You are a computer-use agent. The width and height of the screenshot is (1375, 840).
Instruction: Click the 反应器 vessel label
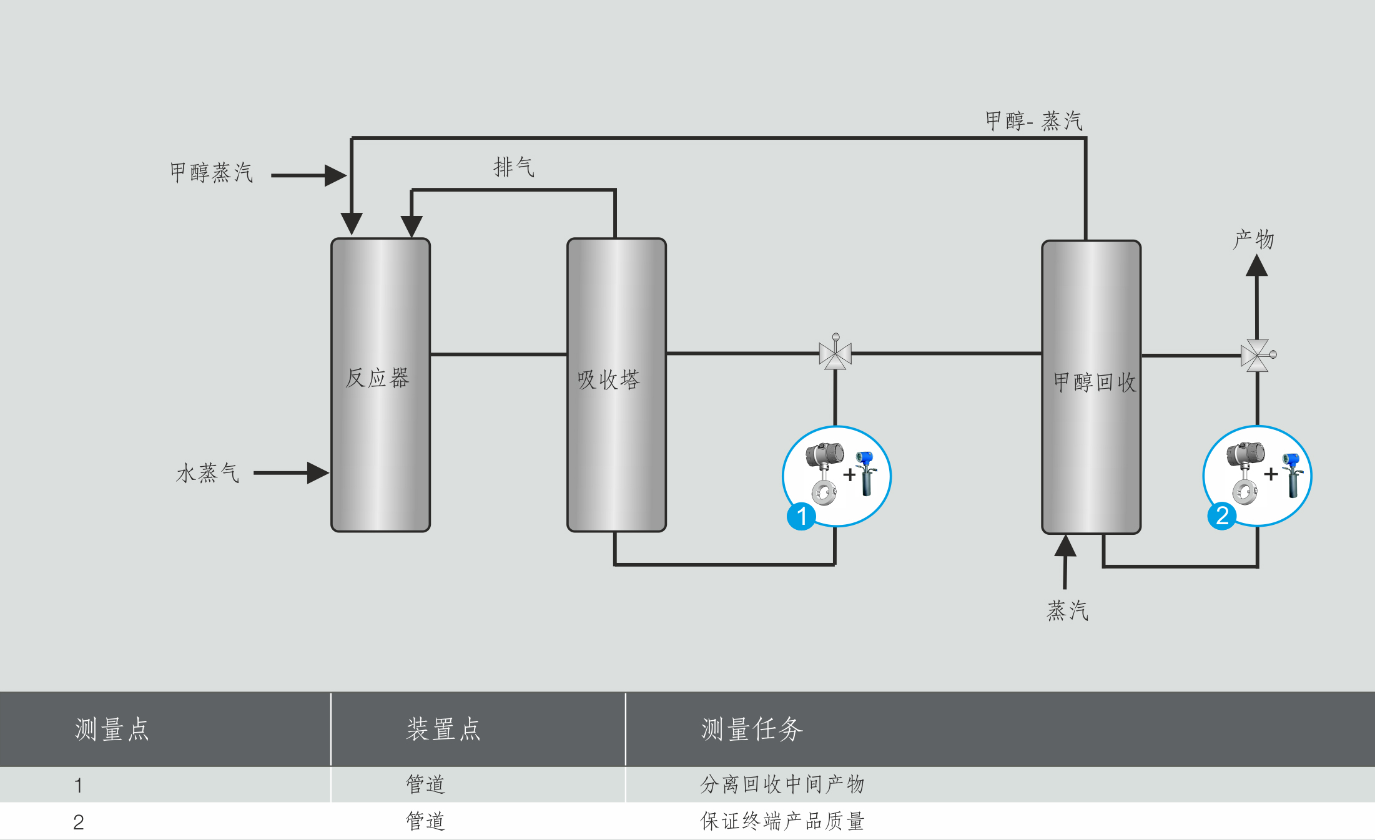click(377, 378)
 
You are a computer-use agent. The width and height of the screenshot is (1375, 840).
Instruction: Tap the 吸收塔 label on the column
click(609, 379)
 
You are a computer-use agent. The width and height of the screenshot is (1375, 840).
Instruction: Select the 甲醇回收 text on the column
click(1095, 382)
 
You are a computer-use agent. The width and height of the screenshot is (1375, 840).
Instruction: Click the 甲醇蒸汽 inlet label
click(211, 172)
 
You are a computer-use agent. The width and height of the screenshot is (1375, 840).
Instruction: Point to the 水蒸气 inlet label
click(208, 473)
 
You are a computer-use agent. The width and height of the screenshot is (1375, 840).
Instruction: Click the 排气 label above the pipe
click(513, 167)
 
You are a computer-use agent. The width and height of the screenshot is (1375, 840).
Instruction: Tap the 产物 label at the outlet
click(1253, 239)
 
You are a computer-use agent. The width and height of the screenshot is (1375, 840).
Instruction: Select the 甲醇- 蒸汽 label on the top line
click(1033, 120)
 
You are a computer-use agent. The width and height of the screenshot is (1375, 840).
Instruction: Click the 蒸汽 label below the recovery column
click(1067, 610)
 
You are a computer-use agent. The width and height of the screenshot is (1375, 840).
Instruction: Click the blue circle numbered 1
click(801, 516)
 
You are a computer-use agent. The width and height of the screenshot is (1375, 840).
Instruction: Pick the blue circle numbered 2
click(1222, 515)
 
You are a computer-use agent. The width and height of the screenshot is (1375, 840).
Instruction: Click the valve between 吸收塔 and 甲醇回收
click(835, 354)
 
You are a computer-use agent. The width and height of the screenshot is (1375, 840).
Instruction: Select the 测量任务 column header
click(752, 729)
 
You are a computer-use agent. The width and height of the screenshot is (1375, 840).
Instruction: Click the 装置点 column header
click(443, 729)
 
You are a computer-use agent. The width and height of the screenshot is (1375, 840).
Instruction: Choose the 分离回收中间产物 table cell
click(782, 784)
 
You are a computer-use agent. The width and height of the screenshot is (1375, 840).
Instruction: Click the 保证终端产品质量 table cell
click(782, 821)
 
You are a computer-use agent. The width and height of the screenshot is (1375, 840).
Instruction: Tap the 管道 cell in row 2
click(425, 821)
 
